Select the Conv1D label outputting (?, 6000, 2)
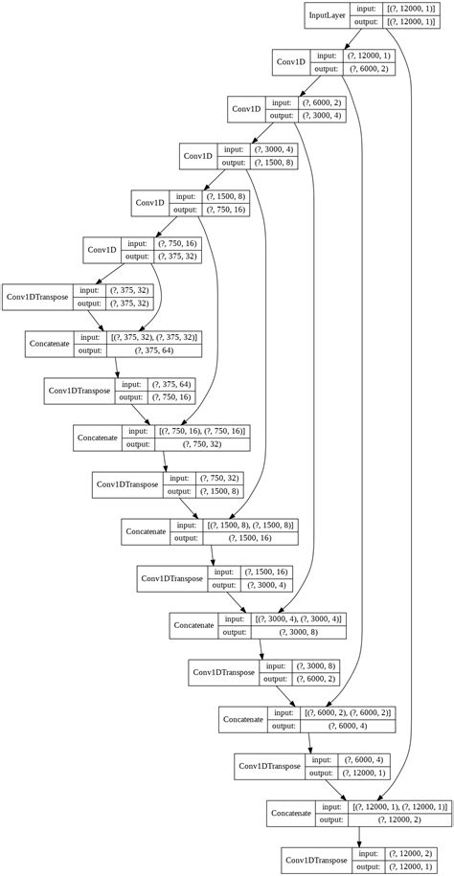[x=291, y=62]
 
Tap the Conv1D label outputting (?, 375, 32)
[x=102, y=250]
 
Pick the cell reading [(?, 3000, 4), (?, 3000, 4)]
[x=298, y=618]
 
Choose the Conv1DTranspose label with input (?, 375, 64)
[x=79, y=391]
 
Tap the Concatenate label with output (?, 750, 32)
[x=98, y=438]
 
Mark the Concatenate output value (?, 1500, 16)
[x=250, y=538]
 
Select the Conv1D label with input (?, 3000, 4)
[x=197, y=156]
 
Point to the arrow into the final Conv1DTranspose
[x=359, y=840]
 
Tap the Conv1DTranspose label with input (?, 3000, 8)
[x=223, y=672]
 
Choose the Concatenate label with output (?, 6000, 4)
[x=242, y=719]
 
